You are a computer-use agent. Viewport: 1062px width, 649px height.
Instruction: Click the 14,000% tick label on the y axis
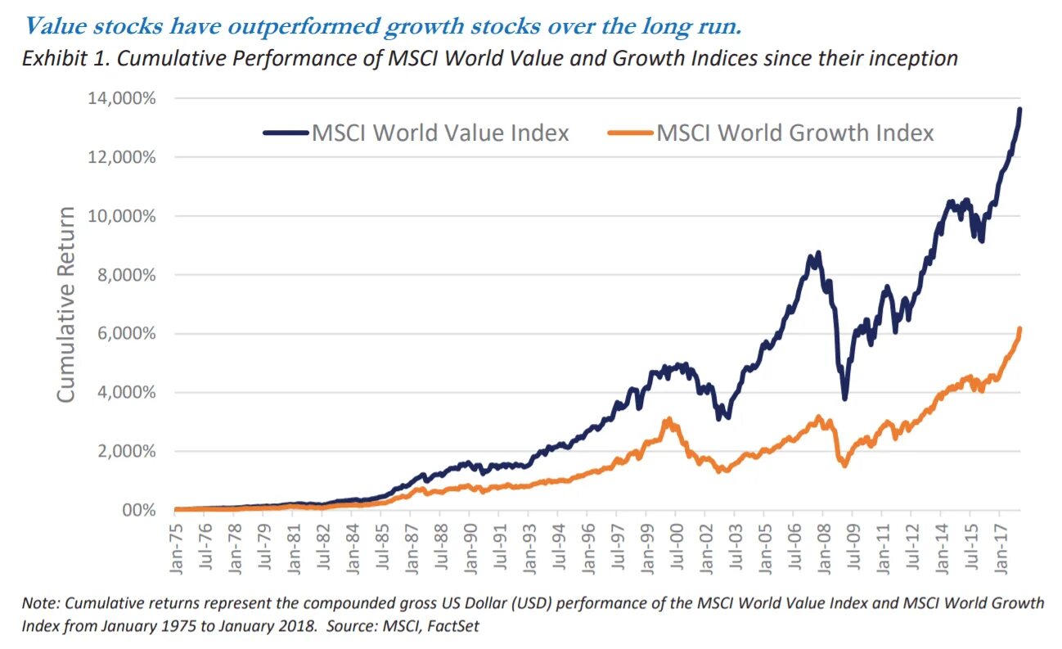120,98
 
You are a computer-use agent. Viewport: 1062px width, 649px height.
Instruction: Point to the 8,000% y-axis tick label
124,275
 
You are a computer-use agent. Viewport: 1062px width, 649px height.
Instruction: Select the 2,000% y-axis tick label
124,451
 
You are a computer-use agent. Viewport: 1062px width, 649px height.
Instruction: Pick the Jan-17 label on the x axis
1000,541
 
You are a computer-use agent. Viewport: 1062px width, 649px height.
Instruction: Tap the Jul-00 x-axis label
677,541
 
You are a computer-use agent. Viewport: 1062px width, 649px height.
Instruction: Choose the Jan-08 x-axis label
824,541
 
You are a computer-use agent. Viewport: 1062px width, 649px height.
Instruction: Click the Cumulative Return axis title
66,304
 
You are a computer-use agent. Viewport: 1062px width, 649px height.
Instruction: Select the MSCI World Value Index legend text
440,133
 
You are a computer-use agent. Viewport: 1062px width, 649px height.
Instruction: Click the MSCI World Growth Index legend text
795,133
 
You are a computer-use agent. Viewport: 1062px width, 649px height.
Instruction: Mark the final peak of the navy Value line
1019,110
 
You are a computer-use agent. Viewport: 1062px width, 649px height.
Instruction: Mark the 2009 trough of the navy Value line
844,398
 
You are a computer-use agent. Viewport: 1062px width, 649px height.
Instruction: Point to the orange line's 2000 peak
668,420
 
